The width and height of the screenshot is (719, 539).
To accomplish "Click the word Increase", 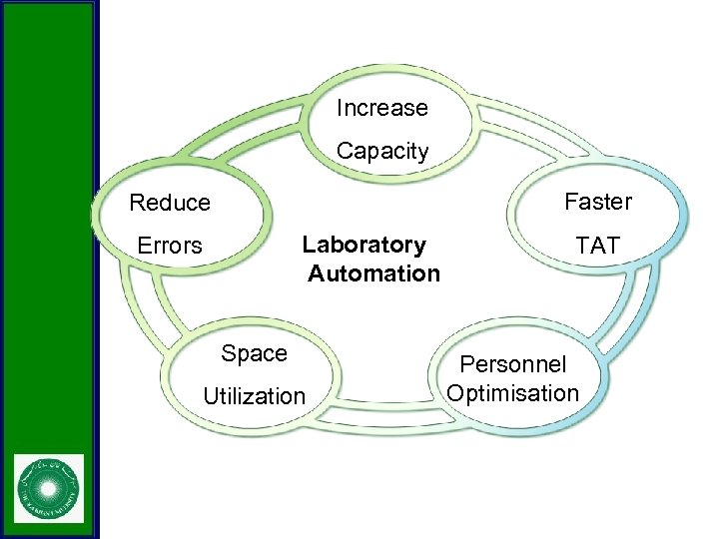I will click(381, 108).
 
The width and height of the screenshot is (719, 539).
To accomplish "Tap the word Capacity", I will click(381, 152).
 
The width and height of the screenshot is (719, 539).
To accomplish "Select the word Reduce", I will click(170, 203).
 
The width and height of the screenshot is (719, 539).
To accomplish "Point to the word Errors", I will click(170, 246).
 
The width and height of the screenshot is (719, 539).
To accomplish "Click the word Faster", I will click(598, 202).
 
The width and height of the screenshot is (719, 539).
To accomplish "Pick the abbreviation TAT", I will click(598, 246).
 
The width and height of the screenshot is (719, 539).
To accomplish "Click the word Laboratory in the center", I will click(363, 245).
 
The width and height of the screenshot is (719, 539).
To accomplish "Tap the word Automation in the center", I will click(373, 273).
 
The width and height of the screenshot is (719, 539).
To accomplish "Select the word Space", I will click(254, 353).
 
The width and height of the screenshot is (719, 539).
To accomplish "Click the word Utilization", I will click(254, 396).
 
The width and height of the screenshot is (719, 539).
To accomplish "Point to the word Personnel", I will click(512, 365).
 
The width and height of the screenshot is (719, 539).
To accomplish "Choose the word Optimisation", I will click(512, 393).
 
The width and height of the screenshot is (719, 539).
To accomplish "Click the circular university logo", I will click(49, 489).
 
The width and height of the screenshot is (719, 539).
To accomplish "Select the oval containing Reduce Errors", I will click(180, 224).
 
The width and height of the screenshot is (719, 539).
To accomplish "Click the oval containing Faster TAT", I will click(598, 224).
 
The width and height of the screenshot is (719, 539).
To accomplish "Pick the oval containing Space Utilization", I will click(254, 375).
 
